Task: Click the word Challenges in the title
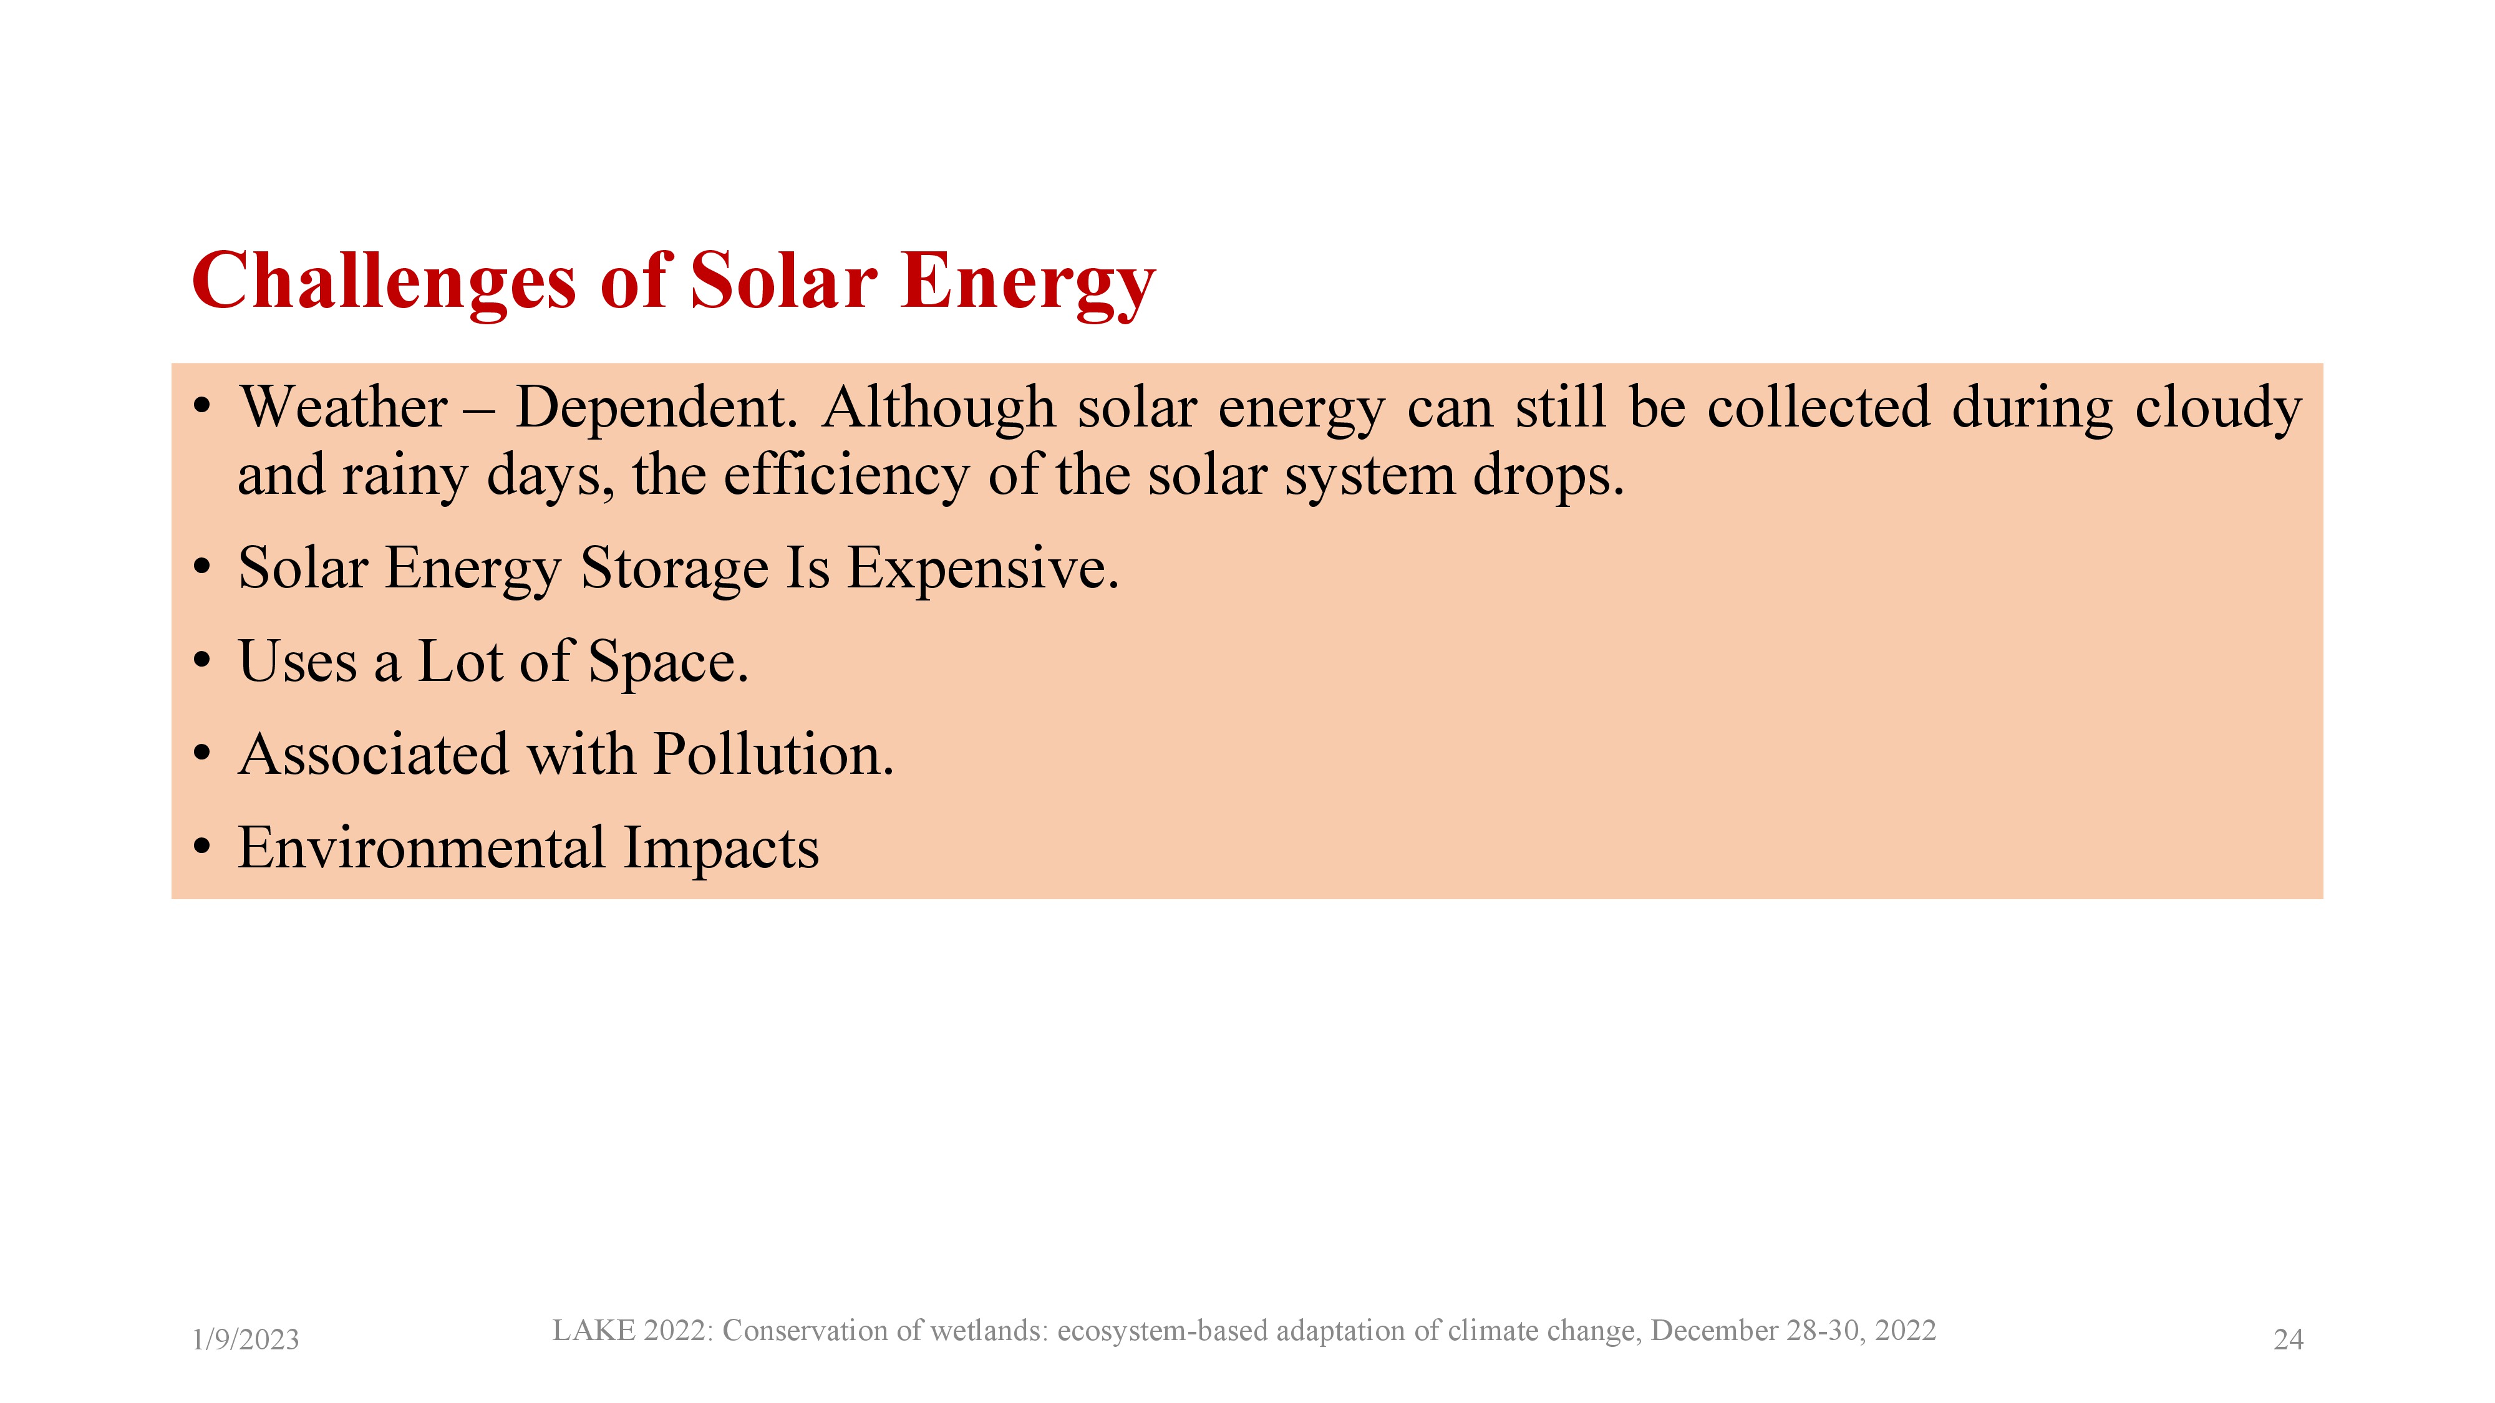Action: tap(384, 282)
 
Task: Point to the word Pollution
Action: tap(773, 755)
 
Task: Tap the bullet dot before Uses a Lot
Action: tap(201, 662)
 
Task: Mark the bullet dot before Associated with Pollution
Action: tap(201, 755)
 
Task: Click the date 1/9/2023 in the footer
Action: tap(246, 1339)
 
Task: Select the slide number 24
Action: tap(2288, 1339)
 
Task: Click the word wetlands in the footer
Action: tap(987, 1331)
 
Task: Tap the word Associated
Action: tap(374, 755)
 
